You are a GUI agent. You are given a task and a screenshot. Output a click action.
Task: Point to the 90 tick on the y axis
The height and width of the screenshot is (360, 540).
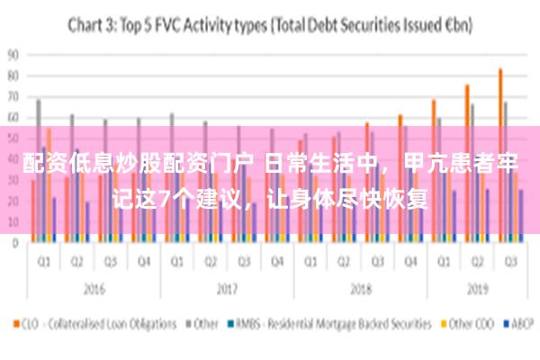(13, 54)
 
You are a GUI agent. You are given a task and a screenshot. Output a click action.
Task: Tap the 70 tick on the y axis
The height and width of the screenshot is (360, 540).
(13, 96)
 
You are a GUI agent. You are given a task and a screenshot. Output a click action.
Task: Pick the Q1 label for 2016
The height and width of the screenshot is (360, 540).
(43, 262)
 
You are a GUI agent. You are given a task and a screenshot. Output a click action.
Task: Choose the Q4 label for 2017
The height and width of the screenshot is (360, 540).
(277, 262)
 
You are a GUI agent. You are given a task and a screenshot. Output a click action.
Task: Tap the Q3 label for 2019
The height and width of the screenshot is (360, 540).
(509, 262)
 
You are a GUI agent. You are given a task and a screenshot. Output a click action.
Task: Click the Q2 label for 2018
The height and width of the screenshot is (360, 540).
(343, 262)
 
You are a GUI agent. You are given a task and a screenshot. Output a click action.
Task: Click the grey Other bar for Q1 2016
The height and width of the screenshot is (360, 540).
(39, 171)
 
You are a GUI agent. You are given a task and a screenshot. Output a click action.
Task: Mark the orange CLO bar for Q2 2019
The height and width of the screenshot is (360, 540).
(467, 163)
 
